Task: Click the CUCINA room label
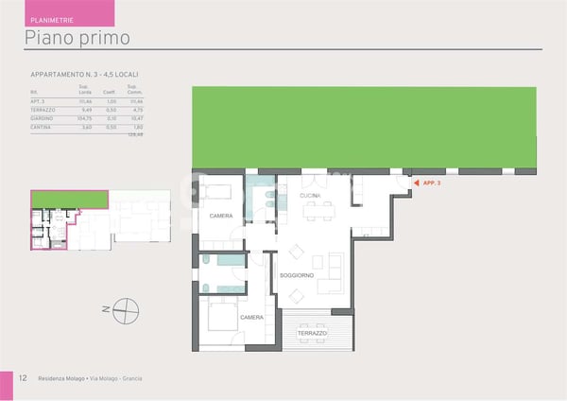(x=310, y=196)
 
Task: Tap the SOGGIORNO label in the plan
(x=296, y=275)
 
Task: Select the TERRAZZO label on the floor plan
(x=311, y=334)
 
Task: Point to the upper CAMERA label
(x=220, y=217)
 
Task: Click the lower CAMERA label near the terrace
(x=251, y=318)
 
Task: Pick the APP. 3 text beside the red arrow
(x=432, y=182)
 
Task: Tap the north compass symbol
(x=124, y=307)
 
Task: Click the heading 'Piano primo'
(x=77, y=38)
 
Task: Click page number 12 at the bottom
(x=21, y=378)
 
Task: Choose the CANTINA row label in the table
(x=43, y=126)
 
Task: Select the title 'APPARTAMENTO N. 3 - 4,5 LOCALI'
(x=92, y=74)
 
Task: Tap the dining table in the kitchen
(x=318, y=211)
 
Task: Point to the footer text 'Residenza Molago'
(x=60, y=378)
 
